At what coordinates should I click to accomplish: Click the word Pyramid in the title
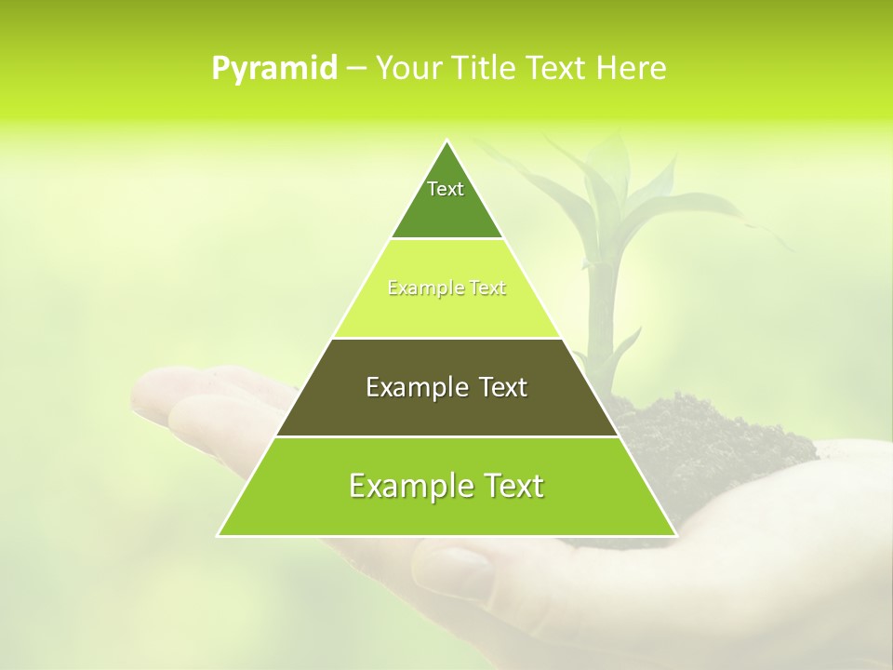pos(274,68)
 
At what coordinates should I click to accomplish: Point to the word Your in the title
pos(408,68)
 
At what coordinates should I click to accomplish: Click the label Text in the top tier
pos(446,189)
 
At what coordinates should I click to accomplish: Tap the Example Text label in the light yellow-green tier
pos(446,288)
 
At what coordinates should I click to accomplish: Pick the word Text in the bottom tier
pos(509,486)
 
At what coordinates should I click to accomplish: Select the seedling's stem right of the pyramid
pos(593,307)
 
